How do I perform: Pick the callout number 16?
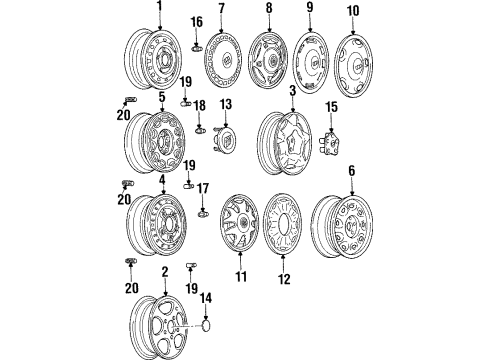(x=197, y=21)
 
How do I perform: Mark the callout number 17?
(x=202, y=187)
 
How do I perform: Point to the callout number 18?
(x=197, y=105)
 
